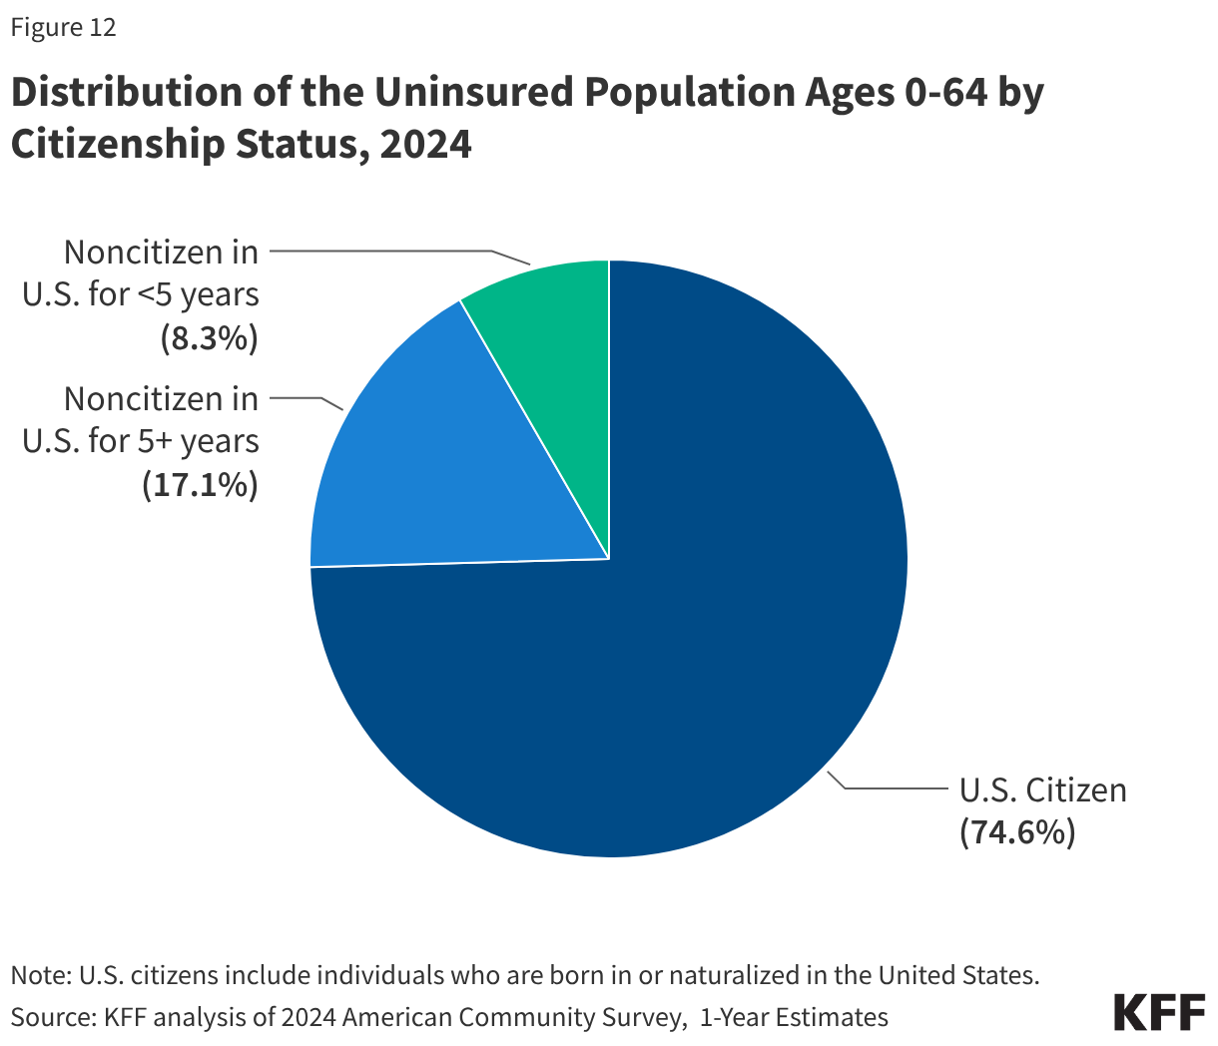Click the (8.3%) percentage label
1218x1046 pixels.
point(210,338)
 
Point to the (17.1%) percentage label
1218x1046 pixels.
point(200,485)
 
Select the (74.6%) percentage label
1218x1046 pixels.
point(1017,831)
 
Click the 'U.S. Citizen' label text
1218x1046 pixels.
point(1042,789)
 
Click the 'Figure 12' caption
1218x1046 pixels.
point(63,28)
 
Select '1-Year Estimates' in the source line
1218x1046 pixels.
point(794,1017)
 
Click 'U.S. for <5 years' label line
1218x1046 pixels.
point(140,295)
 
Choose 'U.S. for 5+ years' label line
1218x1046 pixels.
point(140,441)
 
